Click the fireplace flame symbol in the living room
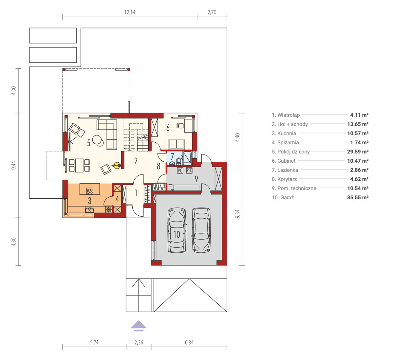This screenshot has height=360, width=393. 117,166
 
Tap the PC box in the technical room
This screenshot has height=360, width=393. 180,171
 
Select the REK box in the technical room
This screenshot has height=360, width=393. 189,171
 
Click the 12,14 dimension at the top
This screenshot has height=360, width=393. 130,12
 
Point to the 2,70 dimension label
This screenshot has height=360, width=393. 212,12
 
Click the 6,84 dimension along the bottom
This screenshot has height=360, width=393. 189,342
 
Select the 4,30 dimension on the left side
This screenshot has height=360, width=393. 14,242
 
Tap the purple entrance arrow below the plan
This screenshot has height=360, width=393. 139,326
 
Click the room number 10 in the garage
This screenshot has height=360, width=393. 177,234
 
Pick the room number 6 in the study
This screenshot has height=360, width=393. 168,128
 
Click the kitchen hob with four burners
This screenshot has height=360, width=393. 90,190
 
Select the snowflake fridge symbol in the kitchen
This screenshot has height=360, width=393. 108,209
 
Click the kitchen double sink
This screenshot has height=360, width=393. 89,210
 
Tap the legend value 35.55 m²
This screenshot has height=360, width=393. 358,197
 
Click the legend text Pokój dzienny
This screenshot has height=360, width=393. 293,152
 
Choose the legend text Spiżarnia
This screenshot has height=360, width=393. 288,142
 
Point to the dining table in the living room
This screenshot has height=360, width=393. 79,166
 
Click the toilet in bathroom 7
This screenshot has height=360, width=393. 179,161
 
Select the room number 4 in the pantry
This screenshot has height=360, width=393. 117,199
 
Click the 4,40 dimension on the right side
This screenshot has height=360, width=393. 237,137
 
